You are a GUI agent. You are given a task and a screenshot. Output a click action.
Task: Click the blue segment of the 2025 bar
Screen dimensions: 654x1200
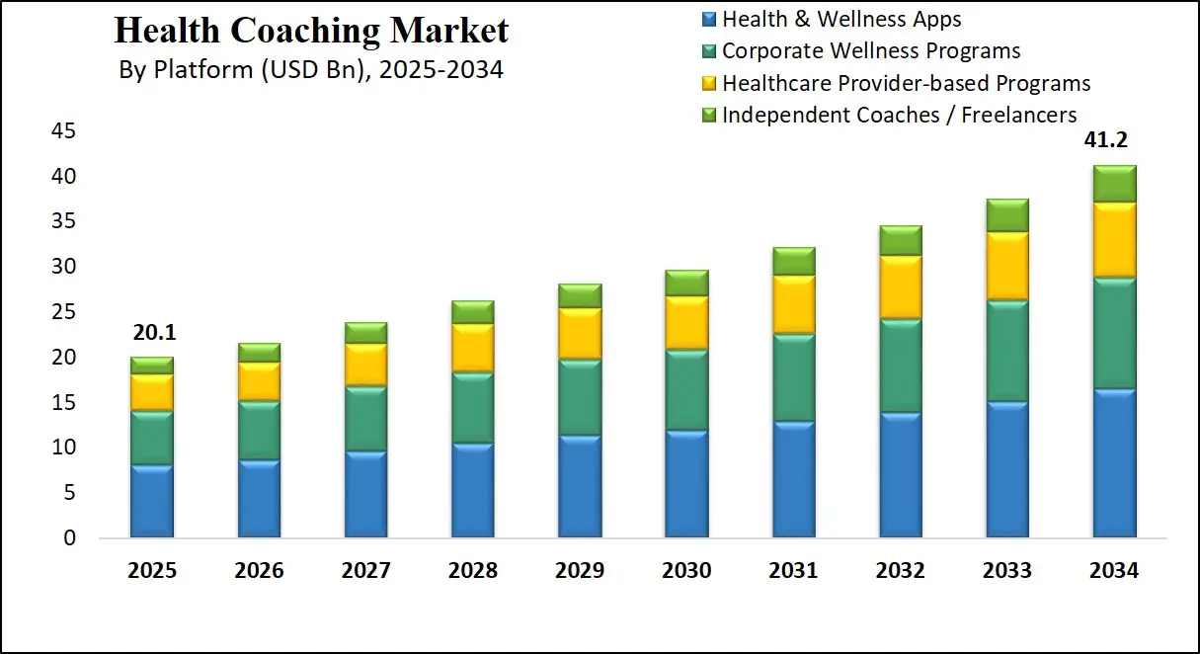point(152,501)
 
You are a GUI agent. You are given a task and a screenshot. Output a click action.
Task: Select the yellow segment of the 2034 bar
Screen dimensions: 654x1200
point(1114,240)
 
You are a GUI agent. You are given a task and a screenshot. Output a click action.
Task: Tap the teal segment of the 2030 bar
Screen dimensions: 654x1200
point(686,390)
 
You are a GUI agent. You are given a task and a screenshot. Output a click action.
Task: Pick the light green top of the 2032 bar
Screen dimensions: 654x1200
point(900,240)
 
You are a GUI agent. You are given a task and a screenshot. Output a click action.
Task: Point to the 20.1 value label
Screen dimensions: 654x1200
point(152,333)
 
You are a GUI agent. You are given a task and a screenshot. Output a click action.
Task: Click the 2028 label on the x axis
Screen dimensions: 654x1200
point(473,571)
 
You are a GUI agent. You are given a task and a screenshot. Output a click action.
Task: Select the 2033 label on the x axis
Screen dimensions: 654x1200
point(1006,571)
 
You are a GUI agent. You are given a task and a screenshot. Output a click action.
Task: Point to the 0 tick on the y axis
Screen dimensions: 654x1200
point(69,538)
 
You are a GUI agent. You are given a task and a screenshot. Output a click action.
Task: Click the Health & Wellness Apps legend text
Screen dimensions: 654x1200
point(841,19)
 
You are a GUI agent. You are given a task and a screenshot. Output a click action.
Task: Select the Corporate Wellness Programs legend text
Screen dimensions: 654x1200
point(871,50)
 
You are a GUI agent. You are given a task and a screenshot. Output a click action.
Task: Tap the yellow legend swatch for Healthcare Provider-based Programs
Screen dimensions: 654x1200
point(708,83)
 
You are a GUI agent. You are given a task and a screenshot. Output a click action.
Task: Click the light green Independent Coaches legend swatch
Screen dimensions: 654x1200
point(708,115)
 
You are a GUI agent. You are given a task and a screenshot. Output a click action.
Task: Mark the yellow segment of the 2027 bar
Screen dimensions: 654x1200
point(366,365)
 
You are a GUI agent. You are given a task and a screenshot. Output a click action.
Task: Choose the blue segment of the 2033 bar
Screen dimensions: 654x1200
point(1006,470)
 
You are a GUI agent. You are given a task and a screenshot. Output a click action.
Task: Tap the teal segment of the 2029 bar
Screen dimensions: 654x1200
point(580,397)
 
